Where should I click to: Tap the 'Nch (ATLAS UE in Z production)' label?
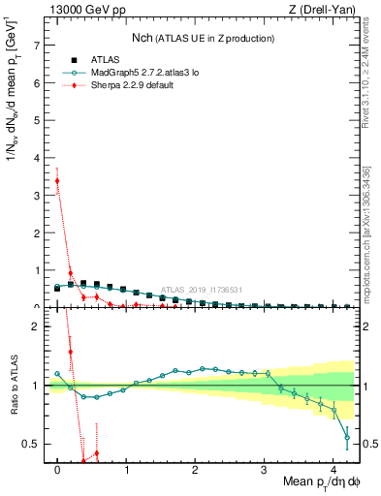204,38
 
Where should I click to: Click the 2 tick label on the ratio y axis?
36,326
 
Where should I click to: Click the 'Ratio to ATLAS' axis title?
12,386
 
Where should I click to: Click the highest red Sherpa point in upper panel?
57,180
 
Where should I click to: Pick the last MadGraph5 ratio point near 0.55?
347,438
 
